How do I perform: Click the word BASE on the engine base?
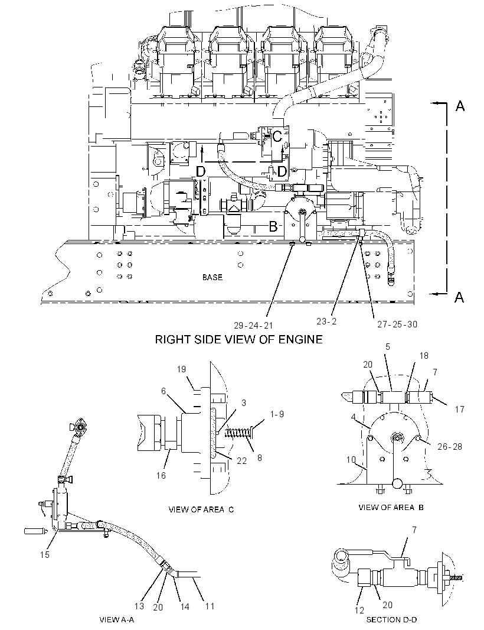[212, 277]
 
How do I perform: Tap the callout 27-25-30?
[397, 324]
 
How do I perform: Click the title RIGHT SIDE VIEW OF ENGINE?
[239, 339]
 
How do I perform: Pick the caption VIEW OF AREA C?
[201, 509]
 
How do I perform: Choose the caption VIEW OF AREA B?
[391, 508]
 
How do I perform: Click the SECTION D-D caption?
[391, 619]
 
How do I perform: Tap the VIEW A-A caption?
[116, 619]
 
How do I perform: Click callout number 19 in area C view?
[181, 369]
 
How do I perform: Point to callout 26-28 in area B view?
[450, 446]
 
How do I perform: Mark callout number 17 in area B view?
[460, 410]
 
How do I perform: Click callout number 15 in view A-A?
[44, 554]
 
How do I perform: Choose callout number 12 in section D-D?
[359, 610]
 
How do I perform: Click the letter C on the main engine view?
[277, 137]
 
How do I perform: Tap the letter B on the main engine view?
[273, 227]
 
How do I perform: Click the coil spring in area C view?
[239, 433]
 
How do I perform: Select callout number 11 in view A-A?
[210, 606]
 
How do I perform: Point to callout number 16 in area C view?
[161, 476]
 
